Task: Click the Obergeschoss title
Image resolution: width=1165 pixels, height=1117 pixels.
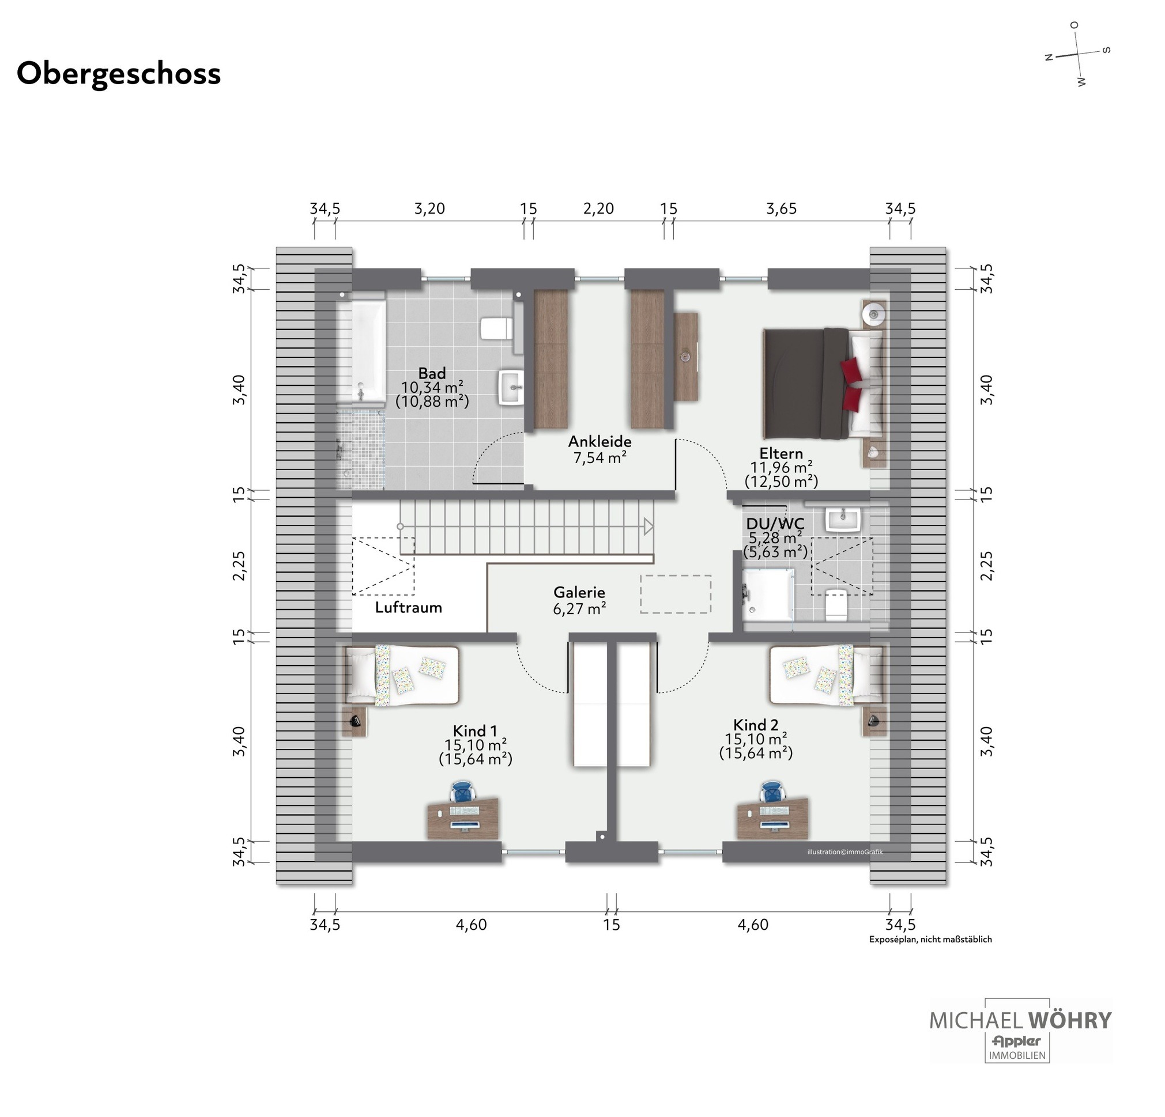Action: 119,74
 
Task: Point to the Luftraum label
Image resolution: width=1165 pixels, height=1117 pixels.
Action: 408,607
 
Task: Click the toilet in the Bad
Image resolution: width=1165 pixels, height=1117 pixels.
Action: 497,328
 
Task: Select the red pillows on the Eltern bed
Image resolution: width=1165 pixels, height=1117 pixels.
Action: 852,384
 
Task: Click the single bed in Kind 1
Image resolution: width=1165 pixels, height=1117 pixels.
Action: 402,676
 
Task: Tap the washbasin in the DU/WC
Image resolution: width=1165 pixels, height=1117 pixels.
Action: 843,519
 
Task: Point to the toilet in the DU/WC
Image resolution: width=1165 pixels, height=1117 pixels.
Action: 836,605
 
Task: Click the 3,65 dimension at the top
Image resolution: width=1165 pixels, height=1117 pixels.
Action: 782,209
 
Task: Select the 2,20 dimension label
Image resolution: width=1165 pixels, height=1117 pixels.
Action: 598,209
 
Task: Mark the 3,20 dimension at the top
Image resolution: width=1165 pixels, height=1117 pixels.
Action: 429,209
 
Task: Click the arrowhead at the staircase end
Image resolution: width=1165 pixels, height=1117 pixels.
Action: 649,527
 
